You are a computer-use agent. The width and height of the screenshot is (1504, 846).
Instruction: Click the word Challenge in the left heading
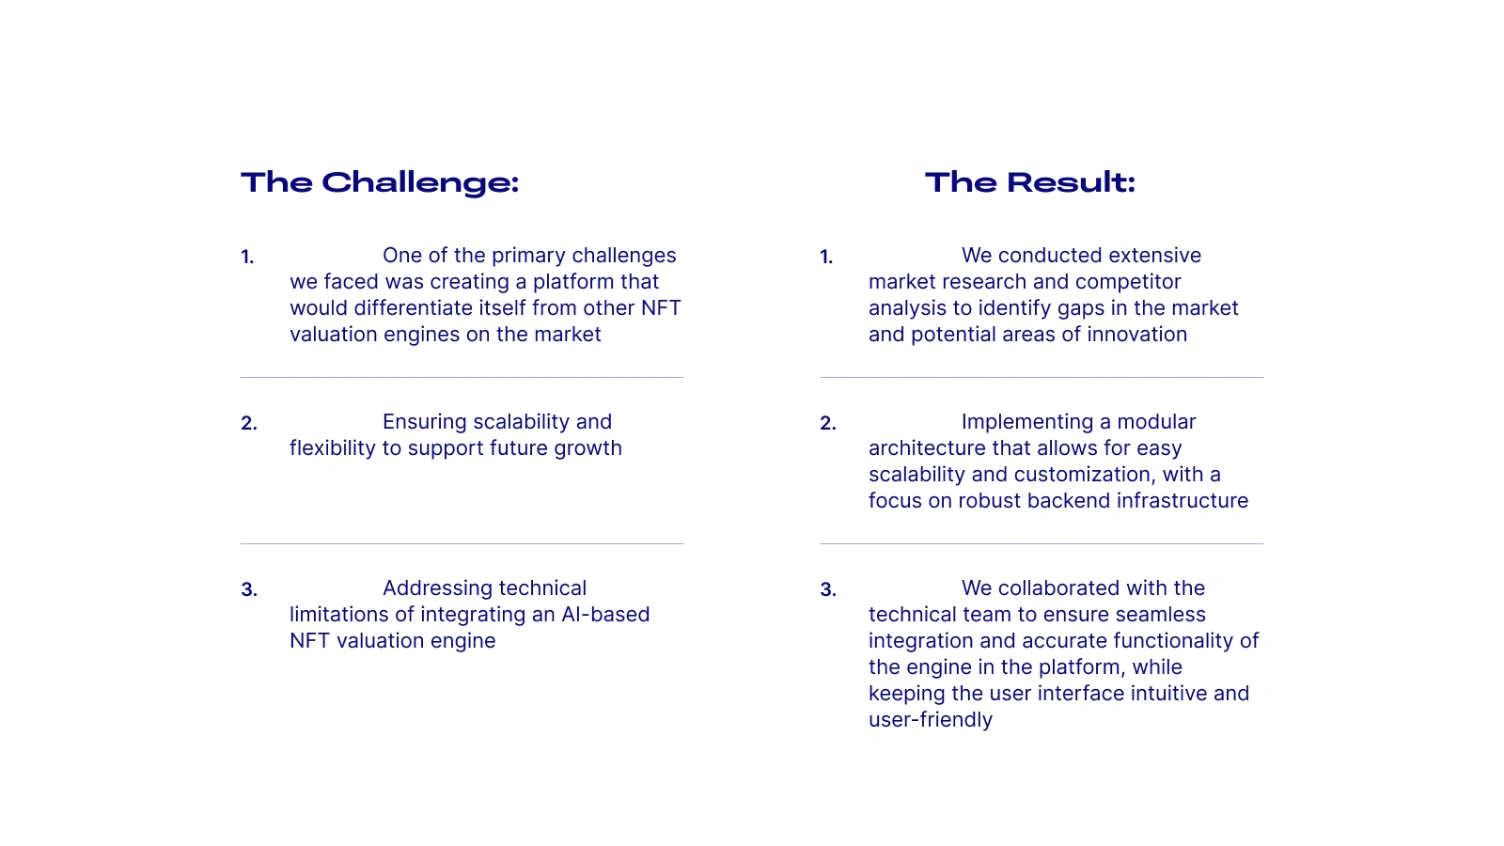419,183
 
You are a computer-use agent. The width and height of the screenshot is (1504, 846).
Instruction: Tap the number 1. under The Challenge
247,257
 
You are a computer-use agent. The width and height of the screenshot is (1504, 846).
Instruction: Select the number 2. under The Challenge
248,423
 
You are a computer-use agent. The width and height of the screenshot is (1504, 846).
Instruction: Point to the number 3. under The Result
828,589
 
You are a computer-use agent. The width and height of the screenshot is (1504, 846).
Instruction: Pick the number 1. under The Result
826,257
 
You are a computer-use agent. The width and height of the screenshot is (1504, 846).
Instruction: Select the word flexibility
333,448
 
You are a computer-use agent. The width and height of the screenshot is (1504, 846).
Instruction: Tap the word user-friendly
930,720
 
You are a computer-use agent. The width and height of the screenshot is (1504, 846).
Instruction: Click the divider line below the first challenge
462,377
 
